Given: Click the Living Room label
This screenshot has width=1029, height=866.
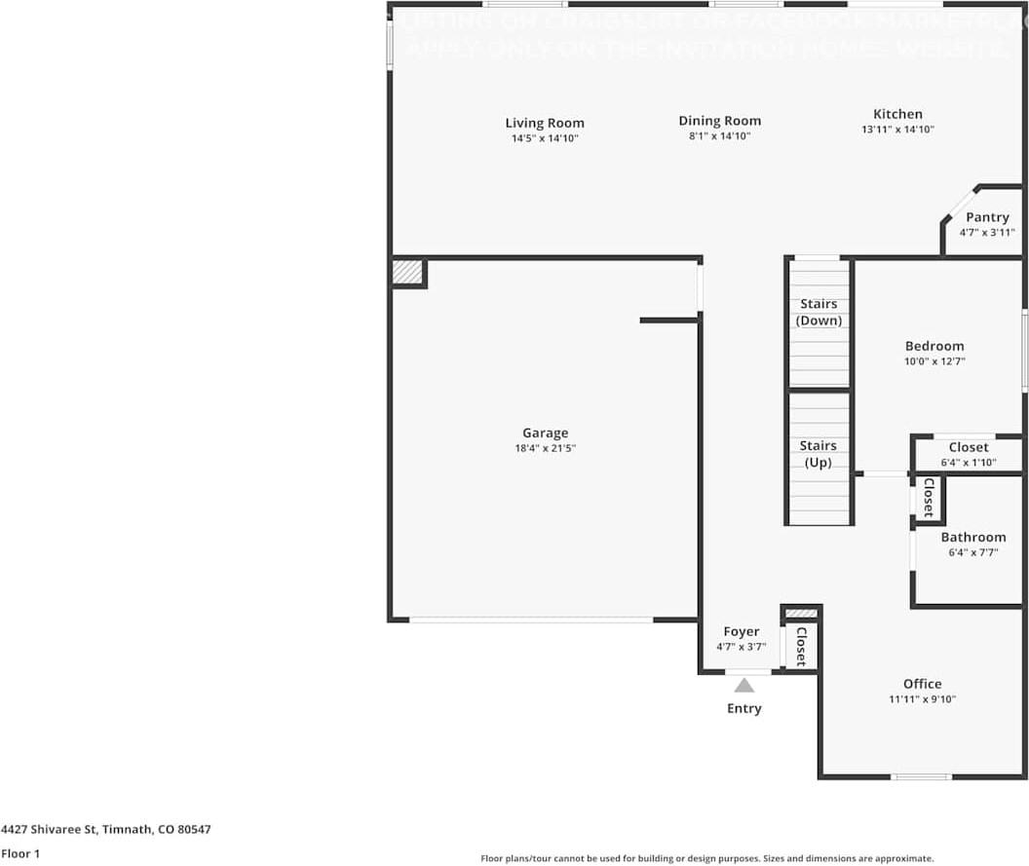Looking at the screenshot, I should [545, 123].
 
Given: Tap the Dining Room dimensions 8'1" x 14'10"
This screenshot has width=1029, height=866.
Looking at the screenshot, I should [719, 136].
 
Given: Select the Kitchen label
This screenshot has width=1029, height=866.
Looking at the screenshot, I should [897, 114].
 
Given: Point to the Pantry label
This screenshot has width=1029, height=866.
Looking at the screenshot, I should [987, 217].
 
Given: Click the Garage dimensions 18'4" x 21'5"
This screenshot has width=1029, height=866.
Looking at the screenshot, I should [545, 448].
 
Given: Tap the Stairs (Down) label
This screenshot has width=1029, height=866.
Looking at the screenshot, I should [819, 312].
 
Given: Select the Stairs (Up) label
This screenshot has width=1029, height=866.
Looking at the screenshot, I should [819, 454].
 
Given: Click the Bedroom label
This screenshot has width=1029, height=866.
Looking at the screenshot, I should [934, 346].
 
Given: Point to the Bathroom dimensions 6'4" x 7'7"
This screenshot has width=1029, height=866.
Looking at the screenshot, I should [972, 552].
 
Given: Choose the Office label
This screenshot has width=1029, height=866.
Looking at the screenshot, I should [922, 684].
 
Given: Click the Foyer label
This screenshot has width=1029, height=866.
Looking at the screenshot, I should [741, 632].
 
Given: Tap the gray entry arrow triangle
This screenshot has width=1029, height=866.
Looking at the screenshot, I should [744, 685].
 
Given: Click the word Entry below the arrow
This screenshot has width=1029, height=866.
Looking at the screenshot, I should [743, 708].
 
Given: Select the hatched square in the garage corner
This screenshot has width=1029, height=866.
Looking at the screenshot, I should [407, 272].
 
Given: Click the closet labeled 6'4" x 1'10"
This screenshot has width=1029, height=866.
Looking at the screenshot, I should [968, 455].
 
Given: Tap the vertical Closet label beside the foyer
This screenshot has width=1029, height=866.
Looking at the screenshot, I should [801, 646].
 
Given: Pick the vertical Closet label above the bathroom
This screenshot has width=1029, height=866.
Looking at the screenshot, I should [929, 497].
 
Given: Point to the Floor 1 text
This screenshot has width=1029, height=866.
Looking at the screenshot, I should [21, 853].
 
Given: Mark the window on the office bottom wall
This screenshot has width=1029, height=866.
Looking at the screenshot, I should [922, 776].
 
